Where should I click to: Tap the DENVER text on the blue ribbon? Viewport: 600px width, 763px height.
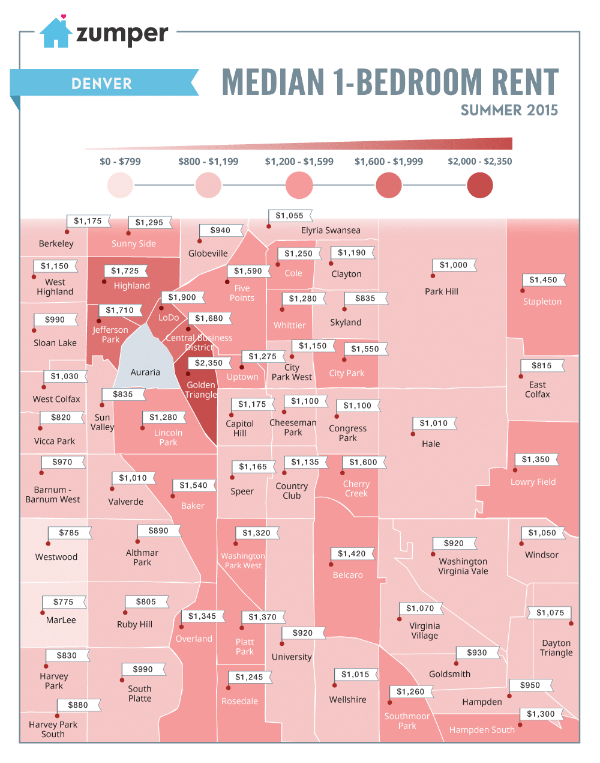tap(101, 84)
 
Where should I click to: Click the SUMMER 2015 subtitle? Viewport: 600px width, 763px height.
tap(509, 111)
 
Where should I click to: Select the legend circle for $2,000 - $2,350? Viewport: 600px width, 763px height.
tap(479, 185)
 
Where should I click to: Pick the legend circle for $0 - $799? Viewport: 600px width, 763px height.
tap(120, 185)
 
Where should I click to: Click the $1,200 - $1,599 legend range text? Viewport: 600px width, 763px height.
tap(299, 162)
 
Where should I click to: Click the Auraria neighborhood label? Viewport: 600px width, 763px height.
tap(145, 372)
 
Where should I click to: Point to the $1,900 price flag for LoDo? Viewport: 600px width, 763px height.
tap(182, 297)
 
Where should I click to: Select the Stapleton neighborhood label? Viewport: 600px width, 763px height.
tap(542, 302)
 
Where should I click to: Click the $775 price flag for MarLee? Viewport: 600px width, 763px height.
tap(64, 601)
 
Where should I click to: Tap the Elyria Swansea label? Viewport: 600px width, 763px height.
tap(331, 231)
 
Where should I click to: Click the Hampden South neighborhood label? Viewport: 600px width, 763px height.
tap(482, 730)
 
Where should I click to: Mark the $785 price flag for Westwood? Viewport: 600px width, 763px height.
tap(69, 532)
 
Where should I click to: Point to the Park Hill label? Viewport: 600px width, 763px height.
tap(442, 291)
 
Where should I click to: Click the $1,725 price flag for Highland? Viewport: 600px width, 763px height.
tap(125, 271)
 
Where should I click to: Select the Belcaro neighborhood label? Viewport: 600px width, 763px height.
tap(347, 575)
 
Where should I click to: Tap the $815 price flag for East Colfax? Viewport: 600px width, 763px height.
tap(542, 365)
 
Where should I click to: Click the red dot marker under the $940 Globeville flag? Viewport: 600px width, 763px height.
tap(199, 241)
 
